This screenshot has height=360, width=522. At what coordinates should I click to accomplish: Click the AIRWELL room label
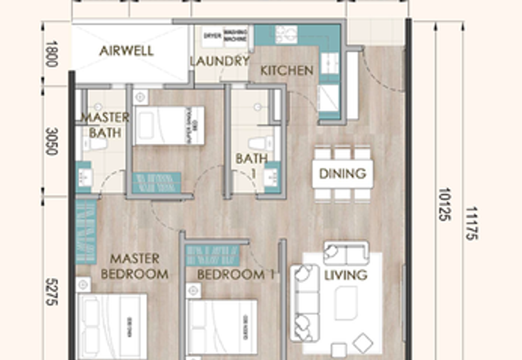(x=126, y=51)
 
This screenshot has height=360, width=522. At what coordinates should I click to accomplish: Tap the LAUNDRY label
(x=220, y=62)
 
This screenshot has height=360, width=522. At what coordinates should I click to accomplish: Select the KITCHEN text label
(x=286, y=70)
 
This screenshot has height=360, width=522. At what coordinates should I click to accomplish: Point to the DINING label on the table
(x=343, y=173)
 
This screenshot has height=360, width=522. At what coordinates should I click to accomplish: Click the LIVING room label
(x=346, y=275)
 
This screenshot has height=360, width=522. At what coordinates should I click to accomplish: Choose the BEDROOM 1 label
(x=235, y=275)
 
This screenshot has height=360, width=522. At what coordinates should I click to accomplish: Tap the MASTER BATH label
(x=104, y=125)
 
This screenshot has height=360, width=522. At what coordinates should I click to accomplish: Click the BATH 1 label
(x=251, y=164)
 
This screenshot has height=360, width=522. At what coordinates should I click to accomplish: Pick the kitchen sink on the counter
(x=286, y=34)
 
